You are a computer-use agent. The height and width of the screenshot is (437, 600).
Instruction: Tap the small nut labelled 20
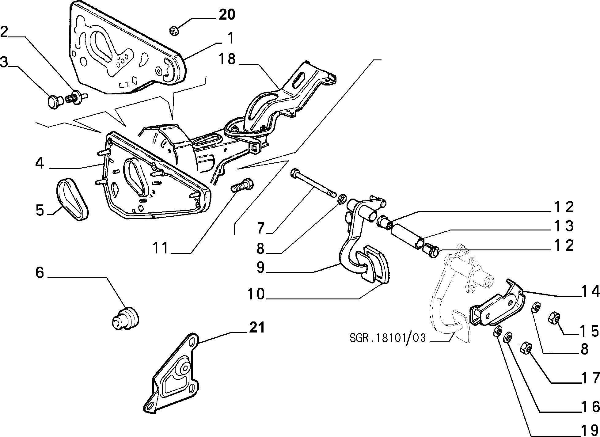[174, 31]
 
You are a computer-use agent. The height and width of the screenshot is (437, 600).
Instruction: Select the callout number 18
[227, 59]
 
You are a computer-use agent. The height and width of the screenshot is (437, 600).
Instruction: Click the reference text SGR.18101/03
[388, 338]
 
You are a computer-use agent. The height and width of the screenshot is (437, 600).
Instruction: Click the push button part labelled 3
[55, 101]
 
